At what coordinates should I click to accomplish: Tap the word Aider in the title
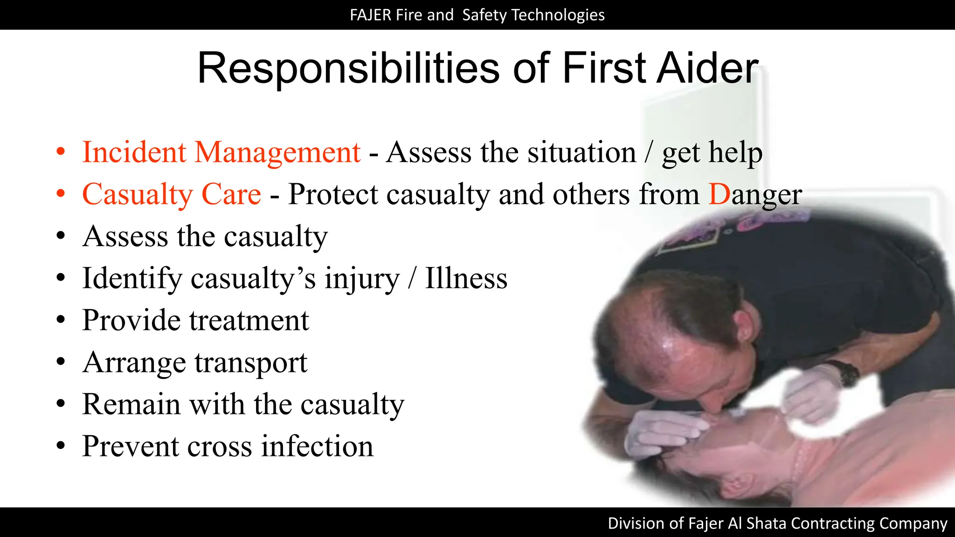coord(708,69)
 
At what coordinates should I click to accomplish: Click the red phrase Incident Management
coord(221,152)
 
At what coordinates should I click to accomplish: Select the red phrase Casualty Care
coord(171,194)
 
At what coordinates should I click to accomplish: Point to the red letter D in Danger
coord(719,194)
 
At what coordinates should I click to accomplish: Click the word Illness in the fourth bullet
coord(466,278)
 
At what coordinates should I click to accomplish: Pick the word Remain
coord(131,404)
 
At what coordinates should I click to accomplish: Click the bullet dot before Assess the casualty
coord(61,236)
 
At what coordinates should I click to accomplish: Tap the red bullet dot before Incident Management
coord(61,152)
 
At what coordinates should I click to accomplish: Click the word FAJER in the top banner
coord(370,15)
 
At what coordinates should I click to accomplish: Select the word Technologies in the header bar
coord(558,15)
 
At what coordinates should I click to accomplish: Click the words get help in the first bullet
coord(712,152)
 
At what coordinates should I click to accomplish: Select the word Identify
coord(132,278)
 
